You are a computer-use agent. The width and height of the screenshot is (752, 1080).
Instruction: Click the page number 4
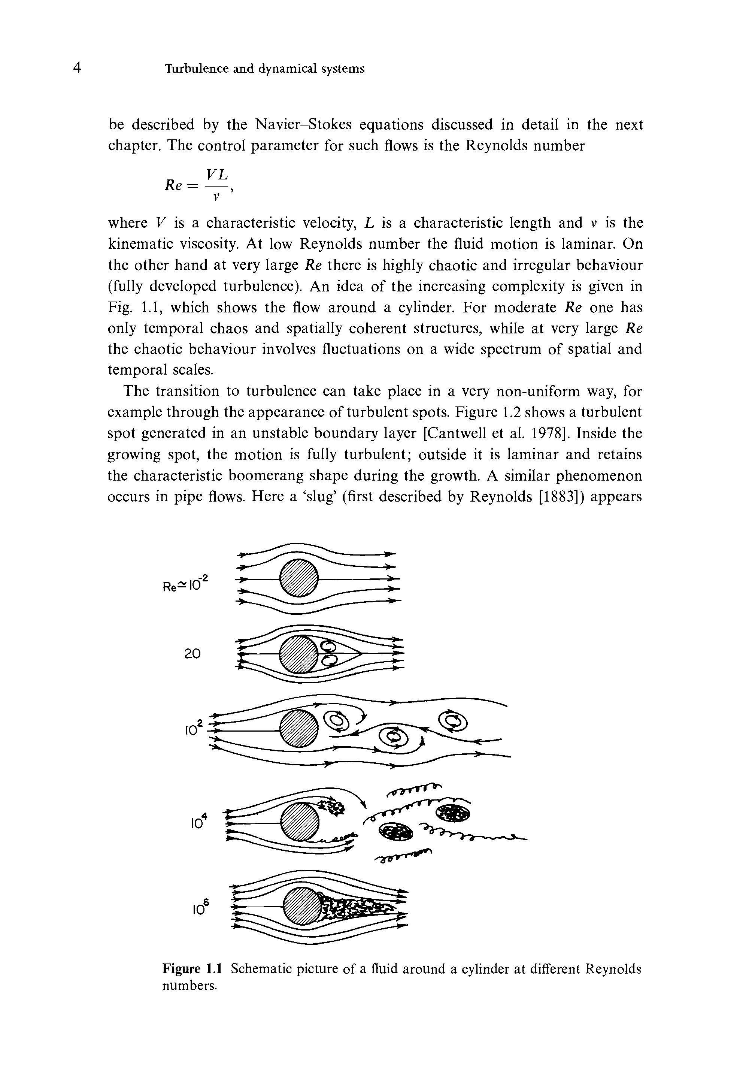pos(77,68)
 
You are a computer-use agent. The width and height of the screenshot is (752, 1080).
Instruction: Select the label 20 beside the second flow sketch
pos(192,653)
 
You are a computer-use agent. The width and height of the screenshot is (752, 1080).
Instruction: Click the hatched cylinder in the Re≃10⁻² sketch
pos(299,578)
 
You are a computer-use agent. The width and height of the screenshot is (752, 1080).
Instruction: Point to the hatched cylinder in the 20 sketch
pos(298,654)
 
